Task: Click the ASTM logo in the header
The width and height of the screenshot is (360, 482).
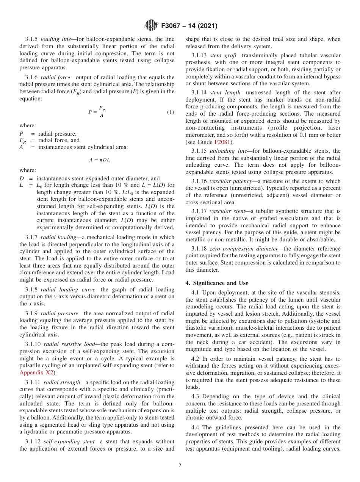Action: (151, 26)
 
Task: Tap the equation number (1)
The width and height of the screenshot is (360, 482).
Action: (171, 112)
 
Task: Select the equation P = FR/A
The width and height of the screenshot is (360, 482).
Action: (97, 112)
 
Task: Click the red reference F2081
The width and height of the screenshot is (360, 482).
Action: (223, 142)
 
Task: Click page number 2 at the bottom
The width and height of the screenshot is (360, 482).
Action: (180, 466)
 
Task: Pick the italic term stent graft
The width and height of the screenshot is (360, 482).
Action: (221, 56)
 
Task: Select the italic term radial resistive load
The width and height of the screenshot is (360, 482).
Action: (69, 344)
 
